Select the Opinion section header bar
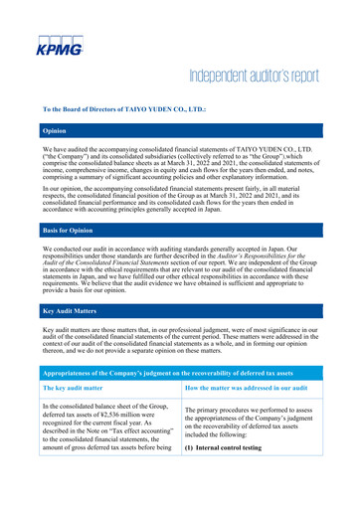[x=180, y=130]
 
